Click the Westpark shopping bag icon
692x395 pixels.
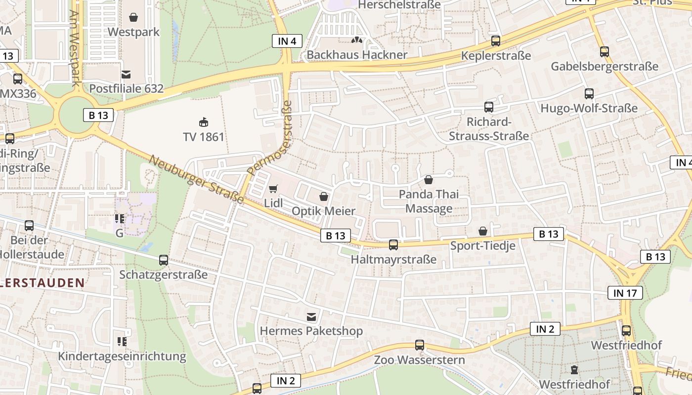click(x=133, y=18)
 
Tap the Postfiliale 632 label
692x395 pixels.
click(x=126, y=88)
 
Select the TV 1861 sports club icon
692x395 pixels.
click(x=203, y=121)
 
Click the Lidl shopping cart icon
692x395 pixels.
click(x=273, y=188)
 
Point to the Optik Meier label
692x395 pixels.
click(x=324, y=211)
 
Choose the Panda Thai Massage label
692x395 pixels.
click(x=429, y=201)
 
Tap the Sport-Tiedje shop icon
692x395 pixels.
click(x=483, y=231)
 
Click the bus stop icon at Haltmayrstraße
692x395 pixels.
click(x=393, y=244)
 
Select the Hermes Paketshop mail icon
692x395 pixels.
click(x=311, y=316)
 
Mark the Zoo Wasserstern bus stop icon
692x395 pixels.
click(x=420, y=345)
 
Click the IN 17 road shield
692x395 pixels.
click(x=625, y=293)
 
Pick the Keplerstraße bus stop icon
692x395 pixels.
click(x=496, y=41)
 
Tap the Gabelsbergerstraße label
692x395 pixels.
click(x=605, y=66)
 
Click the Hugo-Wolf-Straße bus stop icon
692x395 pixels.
click(x=589, y=93)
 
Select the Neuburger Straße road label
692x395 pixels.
click(x=196, y=179)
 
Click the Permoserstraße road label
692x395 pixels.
click(x=270, y=139)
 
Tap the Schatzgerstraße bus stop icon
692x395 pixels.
click(x=164, y=260)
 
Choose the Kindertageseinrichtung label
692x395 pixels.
click(x=122, y=356)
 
